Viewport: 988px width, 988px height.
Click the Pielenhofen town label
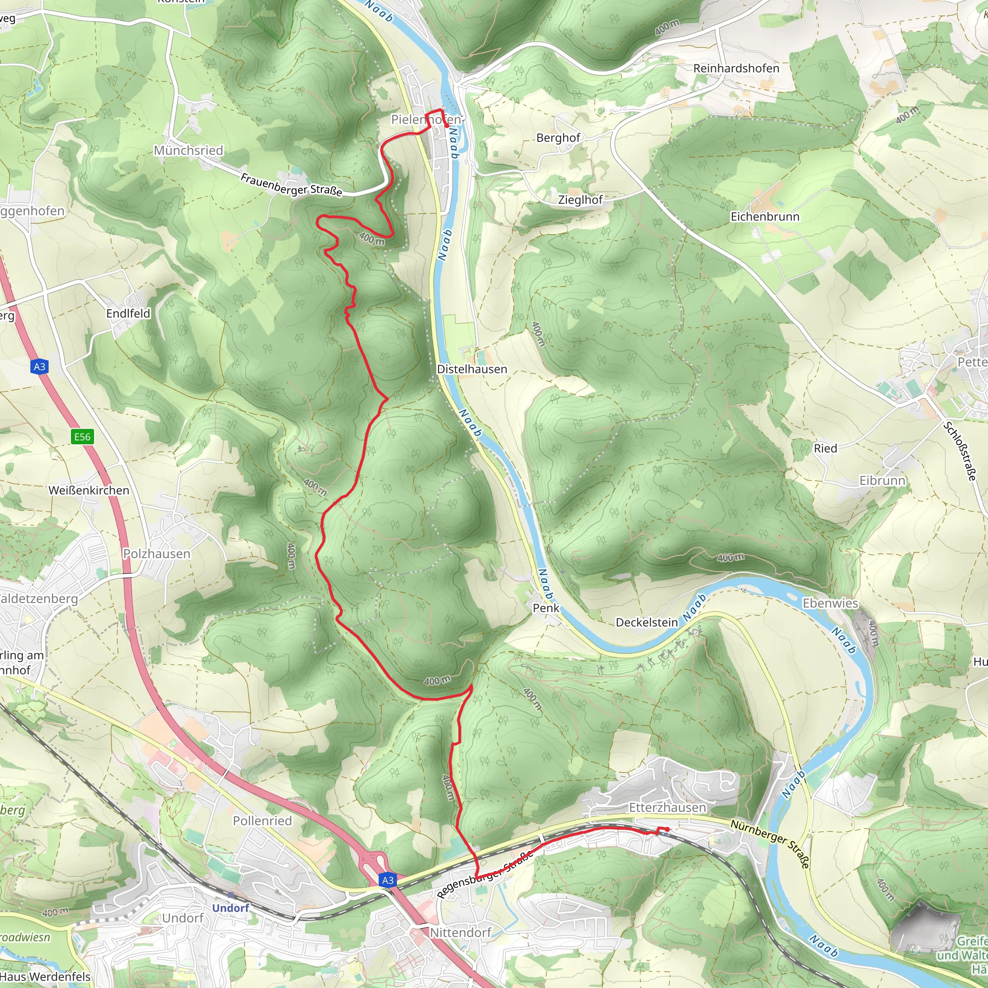pyautogui.click(x=425, y=120)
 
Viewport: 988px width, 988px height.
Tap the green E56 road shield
pyautogui.click(x=82, y=437)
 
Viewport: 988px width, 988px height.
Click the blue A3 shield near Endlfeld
pyautogui.click(x=40, y=367)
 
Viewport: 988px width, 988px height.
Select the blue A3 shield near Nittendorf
pyautogui.click(x=388, y=880)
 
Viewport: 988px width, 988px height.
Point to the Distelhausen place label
pyautogui.click(x=472, y=369)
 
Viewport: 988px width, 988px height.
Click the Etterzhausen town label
pyautogui.click(x=667, y=808)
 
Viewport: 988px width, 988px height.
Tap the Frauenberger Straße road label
pyautogui.click(x=291, y=185)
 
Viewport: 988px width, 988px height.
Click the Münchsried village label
pyautogui.click(x=189, y=151)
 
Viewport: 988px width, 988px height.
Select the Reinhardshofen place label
pyautogui.click(x=736, y=69)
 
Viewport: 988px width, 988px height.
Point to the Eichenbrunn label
pyautogui.click(x=765, y=217)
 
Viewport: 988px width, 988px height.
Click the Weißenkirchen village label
pyautogui.click(x=89, y=491)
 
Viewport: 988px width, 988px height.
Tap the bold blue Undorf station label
pyautogui.click(x=231, y=908)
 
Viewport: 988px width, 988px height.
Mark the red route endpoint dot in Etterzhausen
pyautogui.click(x=667, y=829)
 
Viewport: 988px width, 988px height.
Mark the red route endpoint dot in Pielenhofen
pyautogui.click(x=447, y=125)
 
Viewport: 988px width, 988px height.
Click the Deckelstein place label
pyautogui.click(x=646, y=622)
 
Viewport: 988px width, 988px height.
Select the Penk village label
pyautogui.click(x=546, y=608)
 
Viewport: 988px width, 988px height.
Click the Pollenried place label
pyautogui.click(x=262, y=821)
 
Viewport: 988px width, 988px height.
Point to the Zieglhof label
pyautogui.click(x=580, y=200)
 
